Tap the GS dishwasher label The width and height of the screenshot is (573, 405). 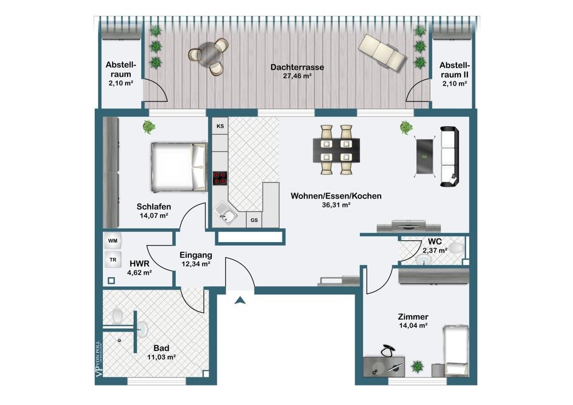pos(253,219)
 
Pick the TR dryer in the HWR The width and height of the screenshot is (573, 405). pos(113,260)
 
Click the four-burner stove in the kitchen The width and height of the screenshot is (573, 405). pos(220,178)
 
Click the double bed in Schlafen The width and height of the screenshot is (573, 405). pos(178,167)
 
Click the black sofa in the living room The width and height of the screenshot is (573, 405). pos(450,157)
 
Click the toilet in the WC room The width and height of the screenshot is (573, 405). pos(456,248)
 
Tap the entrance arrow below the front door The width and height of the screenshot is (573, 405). pos(240,299)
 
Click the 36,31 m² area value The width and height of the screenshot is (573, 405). pos(336,205)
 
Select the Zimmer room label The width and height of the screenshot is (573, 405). pos(413,317)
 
